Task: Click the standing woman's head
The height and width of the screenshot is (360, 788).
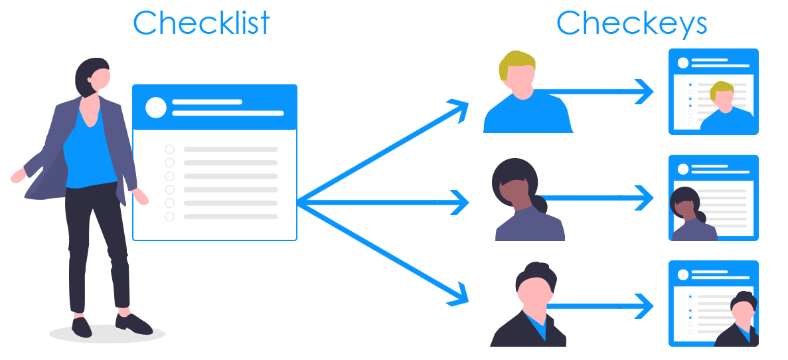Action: pyautogui.click(x=95, y=77)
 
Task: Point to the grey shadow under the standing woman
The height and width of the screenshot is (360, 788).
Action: pyautogui.click(x=107, y=334)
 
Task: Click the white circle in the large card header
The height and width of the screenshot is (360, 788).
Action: pyautogui.click(x=156, y=108)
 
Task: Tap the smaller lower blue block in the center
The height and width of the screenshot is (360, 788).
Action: pyautogui.click(x=410, y=271)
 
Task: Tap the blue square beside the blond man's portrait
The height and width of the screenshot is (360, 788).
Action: pyautogui.click(x=635, y=92)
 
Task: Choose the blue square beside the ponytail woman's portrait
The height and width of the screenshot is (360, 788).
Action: pyautogui.click(x=635, y=198)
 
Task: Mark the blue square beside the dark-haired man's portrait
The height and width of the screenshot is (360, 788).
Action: pyautogui.click(x=635, y=306)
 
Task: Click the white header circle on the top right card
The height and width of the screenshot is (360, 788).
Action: pyautogui.click(x=682, y=63)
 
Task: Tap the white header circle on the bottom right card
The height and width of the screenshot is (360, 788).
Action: pyautogui.click(x=682, y=274)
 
